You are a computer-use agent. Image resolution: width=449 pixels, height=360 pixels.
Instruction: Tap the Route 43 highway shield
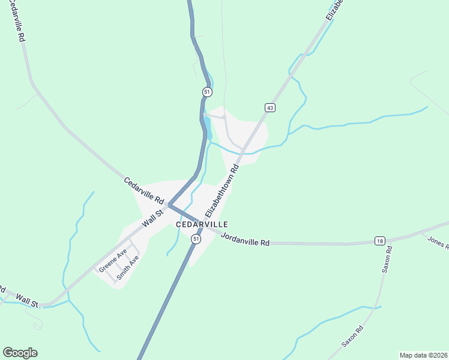pyautogui.click(x=270, y=107)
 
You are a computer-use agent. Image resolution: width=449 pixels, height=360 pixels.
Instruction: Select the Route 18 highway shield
pyautogui.click(x=379, y=241)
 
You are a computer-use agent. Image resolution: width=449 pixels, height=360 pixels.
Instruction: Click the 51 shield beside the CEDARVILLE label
pyautogui.click(x=196, y=239)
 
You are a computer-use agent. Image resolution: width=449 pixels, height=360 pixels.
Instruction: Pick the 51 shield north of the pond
pyautogui.click(x=206, y=92)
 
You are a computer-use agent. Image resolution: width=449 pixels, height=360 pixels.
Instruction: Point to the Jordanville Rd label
pyautogui.click(x=245, y=239)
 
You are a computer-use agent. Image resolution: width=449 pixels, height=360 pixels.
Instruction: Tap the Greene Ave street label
pyautogui.click(x=113, y=260)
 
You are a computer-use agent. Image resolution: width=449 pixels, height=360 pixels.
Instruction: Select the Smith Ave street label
pyautogui.click(x=128, y=268)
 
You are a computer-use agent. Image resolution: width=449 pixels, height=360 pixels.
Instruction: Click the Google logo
pyautogui.click(x=20, y=353)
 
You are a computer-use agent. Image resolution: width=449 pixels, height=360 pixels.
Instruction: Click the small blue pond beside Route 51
pyautogui.click(x=208, y=125)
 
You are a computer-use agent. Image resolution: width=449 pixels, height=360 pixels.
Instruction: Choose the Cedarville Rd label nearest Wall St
pyautogui.click(x=144, y=190)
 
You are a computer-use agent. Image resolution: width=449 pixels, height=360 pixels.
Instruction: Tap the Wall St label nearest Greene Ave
pyautogui.click(x=153, y=218)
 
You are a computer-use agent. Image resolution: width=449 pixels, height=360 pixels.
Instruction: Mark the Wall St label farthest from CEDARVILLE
pyautogui.click(x=28, y=299)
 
